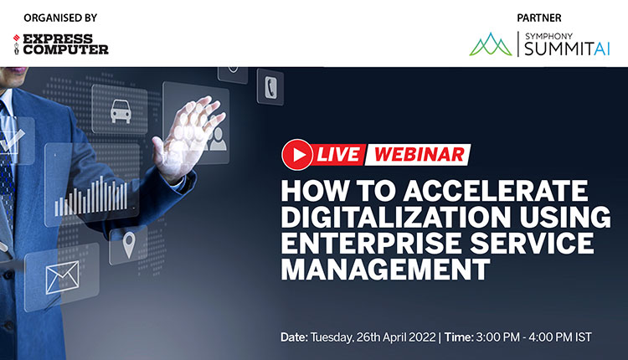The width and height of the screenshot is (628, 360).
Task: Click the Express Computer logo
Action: coord(61,44)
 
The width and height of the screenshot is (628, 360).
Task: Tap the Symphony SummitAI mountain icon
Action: coord(492,44)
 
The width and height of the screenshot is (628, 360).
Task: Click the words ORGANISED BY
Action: coord(60,17)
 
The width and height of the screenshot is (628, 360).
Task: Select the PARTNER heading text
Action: coord(540,17)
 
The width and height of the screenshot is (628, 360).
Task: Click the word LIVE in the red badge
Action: coord(339,153)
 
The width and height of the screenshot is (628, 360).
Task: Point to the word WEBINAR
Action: coord(419,153)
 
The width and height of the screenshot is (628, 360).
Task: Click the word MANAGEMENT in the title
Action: coord(386,270)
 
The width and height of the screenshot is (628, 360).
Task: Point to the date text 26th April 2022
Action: coord(373,337)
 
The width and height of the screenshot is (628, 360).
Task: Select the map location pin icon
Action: coord(129,244)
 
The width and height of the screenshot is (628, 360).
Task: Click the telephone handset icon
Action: coord(270,86)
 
